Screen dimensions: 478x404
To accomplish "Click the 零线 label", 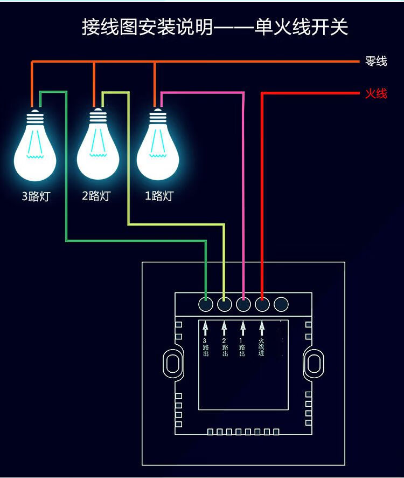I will pyautogui.click(x=376, y=62).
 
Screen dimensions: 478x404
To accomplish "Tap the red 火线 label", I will pyautogui.click(x=376, y=94).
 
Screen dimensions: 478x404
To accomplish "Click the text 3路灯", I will pyautogui.click(x=36, y=196).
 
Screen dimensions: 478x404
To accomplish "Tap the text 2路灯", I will pyautogui.click(x=96, y=196).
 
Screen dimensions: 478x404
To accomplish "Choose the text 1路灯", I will pyautogui.click(x=159, y=196).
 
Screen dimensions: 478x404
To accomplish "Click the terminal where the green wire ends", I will pyautogui.click(x=206, y=304).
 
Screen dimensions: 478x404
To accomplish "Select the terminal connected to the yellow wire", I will pyautogui.click(x=225, y=304).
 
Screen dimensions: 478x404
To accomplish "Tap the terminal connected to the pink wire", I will pyautogui.click(x=243, y=304).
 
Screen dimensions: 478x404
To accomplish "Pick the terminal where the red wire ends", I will pyautogui.click(x=262, y=304).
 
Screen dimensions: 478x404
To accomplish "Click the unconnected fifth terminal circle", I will pyautogui.click(x=281, y=304).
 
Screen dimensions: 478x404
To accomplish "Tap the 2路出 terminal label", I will pyautogui.click(x=225, y=347).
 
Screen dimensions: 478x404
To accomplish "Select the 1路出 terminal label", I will pyautogui.click(x=242, y=347).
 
